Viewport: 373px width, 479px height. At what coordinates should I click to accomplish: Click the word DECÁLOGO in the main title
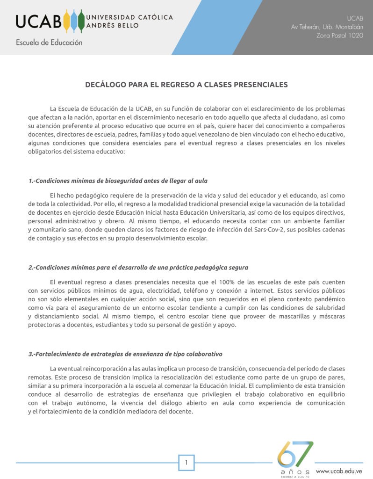point(105,85)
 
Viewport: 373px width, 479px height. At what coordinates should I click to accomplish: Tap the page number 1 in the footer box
point(186,463)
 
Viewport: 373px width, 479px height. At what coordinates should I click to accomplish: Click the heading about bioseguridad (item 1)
point(118,181)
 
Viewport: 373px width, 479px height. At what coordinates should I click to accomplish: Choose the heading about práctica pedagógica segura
point(138,268)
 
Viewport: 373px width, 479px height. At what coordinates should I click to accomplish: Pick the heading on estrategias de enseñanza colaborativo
point(125,354)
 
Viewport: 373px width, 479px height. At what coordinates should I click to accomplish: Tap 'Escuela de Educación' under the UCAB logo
point(49,43)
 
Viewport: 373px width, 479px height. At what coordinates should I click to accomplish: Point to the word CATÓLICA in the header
point(153,17)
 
